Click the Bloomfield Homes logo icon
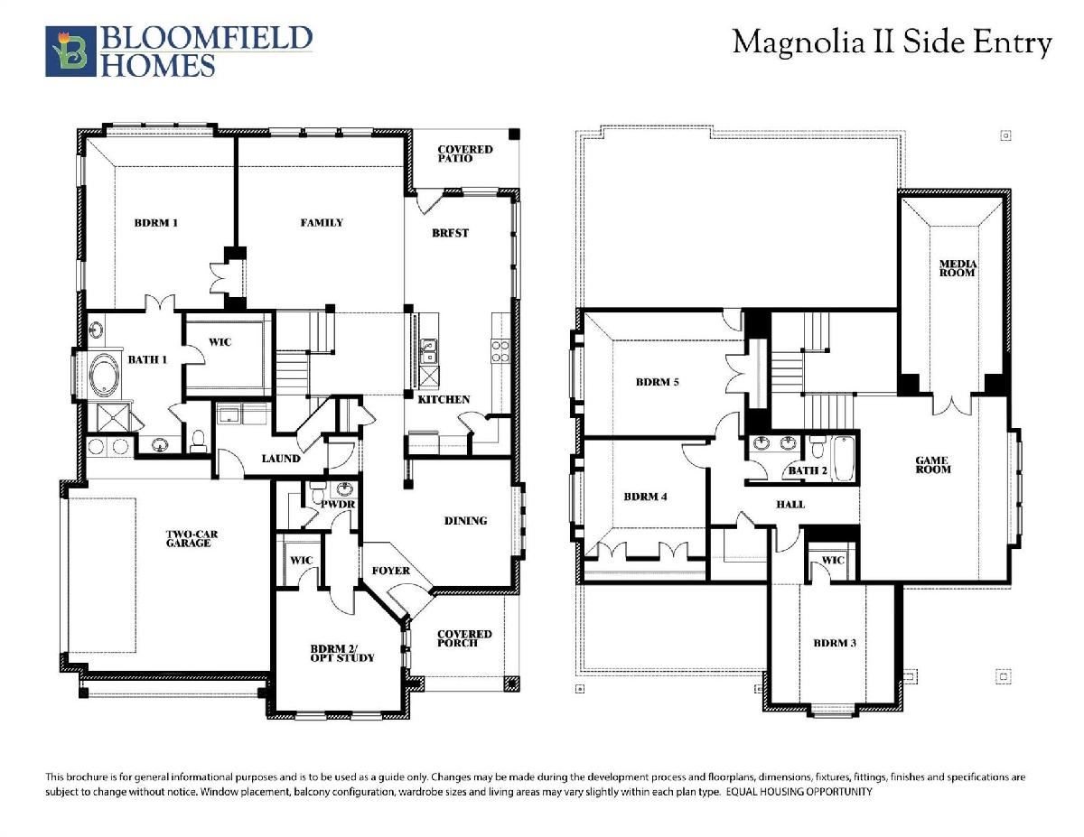tap(70, 51)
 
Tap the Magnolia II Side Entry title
tap(892, 42)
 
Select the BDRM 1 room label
tap(156, 223)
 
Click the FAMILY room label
tap(322, 223)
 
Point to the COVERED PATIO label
tap(465, 153)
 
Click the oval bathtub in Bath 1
tap(104, 374)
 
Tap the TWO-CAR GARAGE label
tap(192, 538)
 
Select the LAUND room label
tap(281, 459)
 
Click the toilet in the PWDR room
tap(317, 492)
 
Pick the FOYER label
tap(390, 571)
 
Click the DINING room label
tap(465, 521)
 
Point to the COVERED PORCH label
tap(464, 638)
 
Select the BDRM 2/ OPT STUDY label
tap(342, 653)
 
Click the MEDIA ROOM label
tap(958, 268)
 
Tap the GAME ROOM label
tap(933, 465)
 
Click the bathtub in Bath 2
tap(844, 459)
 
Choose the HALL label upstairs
tap(790, 505)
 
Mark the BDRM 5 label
tap(657, 382)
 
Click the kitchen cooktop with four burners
tap(500, 351)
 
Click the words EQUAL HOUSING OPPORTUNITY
tap(799, 792)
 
